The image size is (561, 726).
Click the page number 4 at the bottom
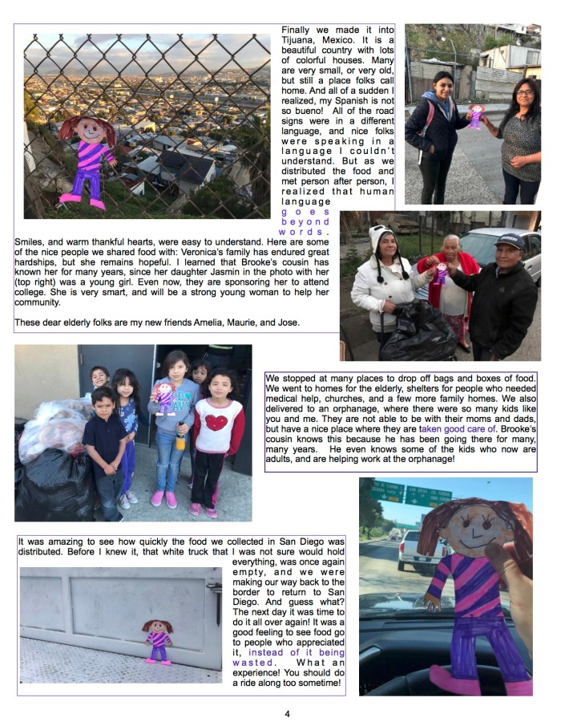click(286, 712)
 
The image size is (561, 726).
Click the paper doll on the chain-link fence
click(87, 160)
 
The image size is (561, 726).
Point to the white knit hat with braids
click(384, 240)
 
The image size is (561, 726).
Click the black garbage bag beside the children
click(46, 481)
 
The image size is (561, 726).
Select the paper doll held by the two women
click(476, 116)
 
